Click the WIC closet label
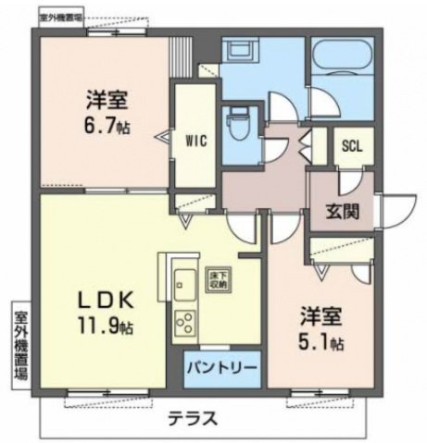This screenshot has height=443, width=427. point(195,142)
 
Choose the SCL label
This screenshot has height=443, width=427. point(352,144)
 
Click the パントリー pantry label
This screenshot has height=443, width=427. point(222,368)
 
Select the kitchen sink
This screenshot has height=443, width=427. point(182,281)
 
